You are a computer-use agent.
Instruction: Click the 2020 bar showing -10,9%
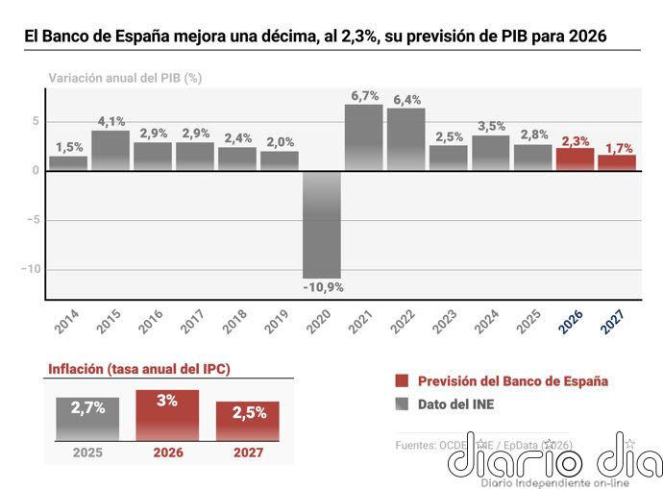pos(322,224)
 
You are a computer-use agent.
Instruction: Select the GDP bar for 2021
pos(364,137)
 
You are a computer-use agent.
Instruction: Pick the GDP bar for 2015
pos(110,151)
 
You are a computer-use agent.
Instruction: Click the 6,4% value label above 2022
pos(406,99)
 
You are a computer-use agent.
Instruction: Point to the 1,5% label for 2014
pos(68,147)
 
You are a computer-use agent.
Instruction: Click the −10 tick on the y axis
pos(31,269)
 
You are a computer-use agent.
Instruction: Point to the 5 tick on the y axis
pos(36,121)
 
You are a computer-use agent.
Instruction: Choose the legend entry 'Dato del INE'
pos(456,404)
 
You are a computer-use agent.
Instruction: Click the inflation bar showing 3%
pos(167,415)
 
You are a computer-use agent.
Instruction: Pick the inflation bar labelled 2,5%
pos(248,422)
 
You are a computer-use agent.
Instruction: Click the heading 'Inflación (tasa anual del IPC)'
pos(139,369)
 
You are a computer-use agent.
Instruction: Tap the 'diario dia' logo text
pos(555,457)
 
